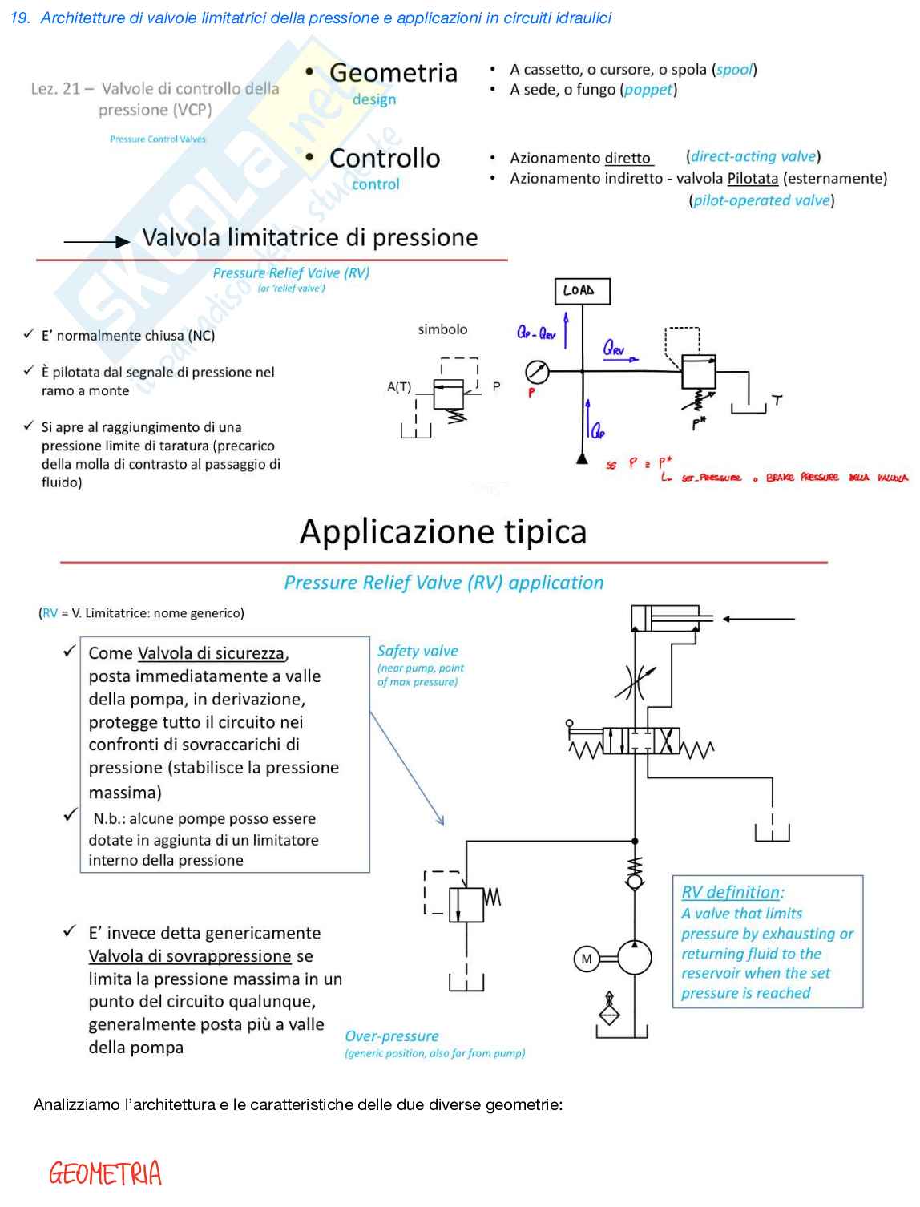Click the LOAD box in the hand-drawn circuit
point(582,291)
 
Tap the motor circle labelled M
point(587,959)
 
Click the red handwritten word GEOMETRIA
point(105,1174)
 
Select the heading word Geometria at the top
point(393,73)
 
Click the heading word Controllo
point(385,159)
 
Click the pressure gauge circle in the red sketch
point(537,372)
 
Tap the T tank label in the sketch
point(777,400)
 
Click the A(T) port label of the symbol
point(398,387)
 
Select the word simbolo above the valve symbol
point(442,329)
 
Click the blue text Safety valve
point(418,651)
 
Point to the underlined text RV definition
point(730,892)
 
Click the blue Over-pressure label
point(392,1036)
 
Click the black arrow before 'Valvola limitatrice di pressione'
point(96,241)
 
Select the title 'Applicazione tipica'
point(443,531)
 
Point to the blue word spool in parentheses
point(734,70)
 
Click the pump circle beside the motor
point(635,958)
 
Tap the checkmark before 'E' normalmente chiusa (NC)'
point(29,334)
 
